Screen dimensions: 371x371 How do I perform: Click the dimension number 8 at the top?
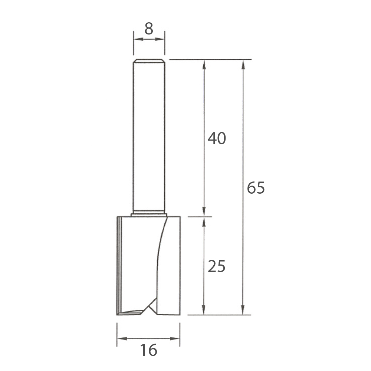[149, 29]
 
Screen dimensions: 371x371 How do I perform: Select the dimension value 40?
[217, 138]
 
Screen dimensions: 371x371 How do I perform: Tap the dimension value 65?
[256, 188]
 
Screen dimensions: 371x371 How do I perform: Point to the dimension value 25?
[217, 266]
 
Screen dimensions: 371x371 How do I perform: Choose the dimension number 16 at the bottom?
[149, 350]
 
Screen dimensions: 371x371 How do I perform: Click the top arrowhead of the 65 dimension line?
[243, 64]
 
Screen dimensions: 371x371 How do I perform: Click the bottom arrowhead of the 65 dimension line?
[243, 310]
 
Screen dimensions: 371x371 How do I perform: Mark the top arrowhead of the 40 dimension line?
[203, 64]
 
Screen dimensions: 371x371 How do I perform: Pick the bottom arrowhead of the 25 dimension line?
[203, 310]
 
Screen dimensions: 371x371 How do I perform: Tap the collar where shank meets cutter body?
[149, 214]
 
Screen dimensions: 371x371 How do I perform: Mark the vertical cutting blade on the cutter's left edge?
[118, 265]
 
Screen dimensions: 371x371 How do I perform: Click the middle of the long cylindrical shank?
[149, 137]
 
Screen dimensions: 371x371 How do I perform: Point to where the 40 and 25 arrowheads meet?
[203, 217]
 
